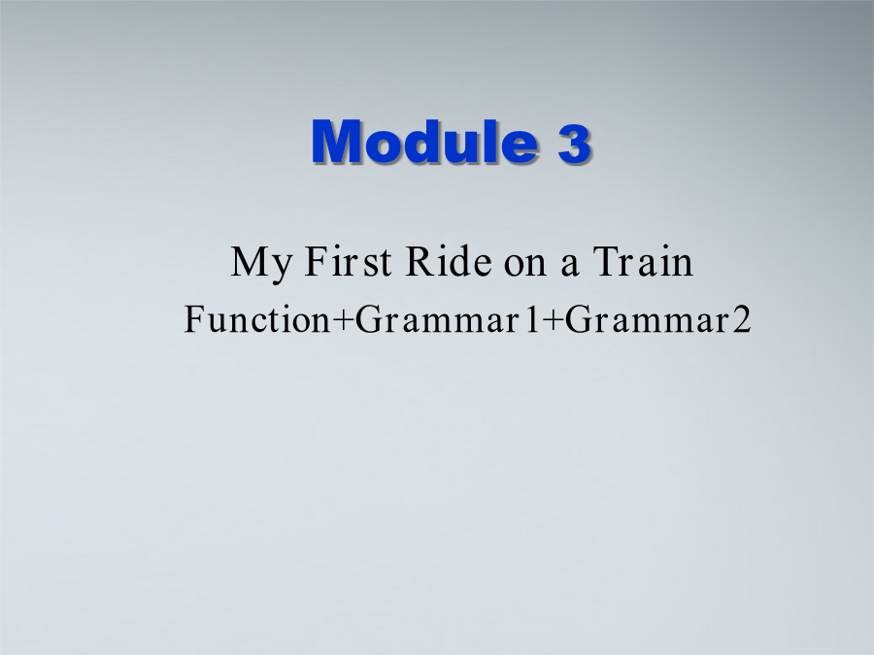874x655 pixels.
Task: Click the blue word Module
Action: coord(424,142)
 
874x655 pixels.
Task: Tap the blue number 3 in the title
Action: coord(574,143)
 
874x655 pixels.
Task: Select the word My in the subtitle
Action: coord(261,263)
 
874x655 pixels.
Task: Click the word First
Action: coord(348,261)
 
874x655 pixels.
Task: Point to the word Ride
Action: coord(449,261)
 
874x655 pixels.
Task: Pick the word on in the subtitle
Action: coord(525,265)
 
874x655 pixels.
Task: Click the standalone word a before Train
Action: coord(569,265)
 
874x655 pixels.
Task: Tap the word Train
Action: coord(643,261)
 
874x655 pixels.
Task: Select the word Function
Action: coord(257,319)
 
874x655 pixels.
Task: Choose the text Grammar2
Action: coord(658,319)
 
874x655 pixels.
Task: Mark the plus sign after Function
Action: coord(343,321)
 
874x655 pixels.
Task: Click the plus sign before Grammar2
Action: coord(553,321)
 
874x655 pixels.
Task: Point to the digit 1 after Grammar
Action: coord(533,319)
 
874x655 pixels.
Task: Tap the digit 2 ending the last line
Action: coord(742,319)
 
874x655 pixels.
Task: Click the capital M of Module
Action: coord(336,142)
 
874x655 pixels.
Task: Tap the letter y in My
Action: coord(280,270)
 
